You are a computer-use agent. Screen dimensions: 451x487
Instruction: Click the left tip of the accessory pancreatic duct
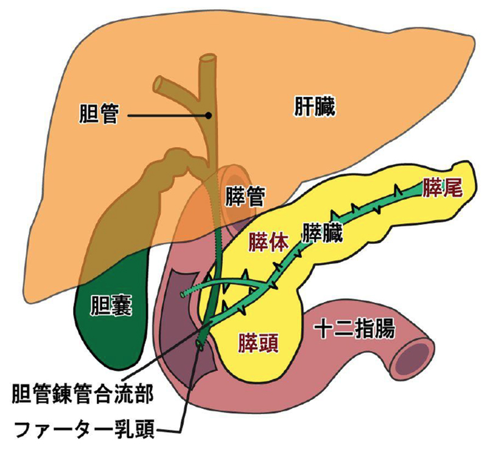pyautogui.click(x=182, y=294)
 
